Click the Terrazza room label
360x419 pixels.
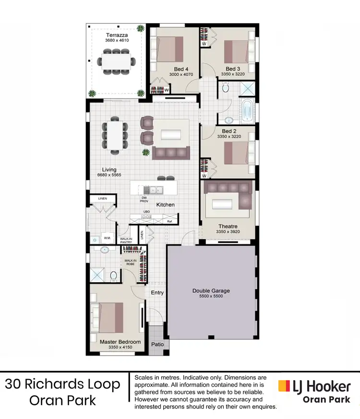(116, 35)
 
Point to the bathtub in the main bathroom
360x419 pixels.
(247, 110)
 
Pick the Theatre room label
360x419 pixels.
(228, 227)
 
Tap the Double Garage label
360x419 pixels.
(211, 290)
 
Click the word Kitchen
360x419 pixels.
(166, 205)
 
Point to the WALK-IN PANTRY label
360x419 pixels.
(126, 240)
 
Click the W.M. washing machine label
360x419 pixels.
(108, 238)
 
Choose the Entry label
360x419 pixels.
(157, 292)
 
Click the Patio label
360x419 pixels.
(157, 344)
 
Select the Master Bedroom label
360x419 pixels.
(120, 342)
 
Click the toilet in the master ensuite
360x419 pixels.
(114, 276)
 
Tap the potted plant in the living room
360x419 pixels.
(145, 153)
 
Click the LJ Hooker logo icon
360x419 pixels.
(284, 385)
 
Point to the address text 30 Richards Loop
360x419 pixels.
(63, 384)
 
